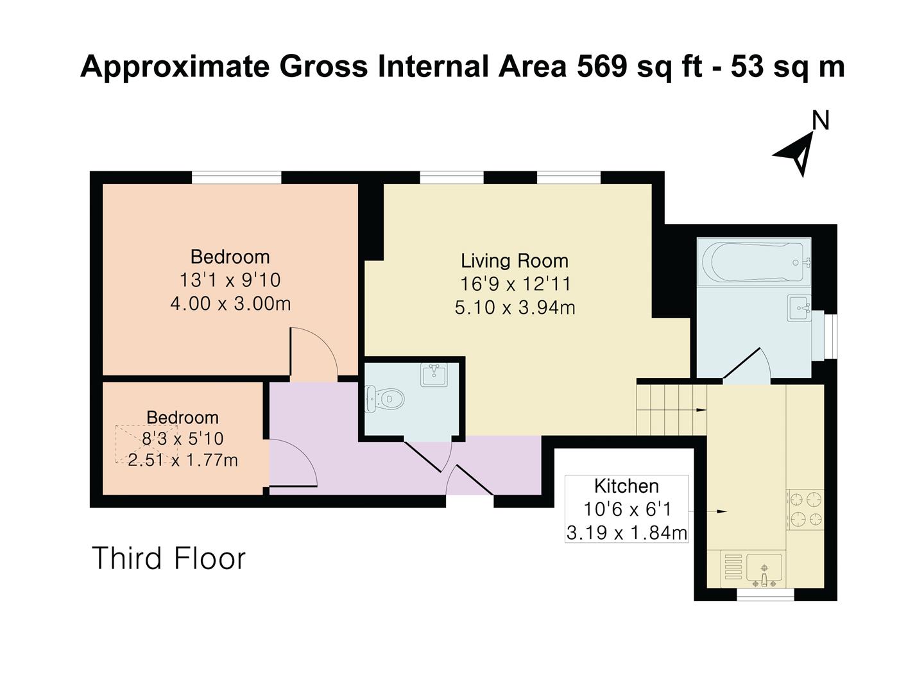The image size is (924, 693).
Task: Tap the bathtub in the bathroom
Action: tap(755, 262)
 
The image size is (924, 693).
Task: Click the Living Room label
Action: tap(514, 261)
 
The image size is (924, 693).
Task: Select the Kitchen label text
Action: tap(626, 486)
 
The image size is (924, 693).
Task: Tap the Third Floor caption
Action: tap(169, 558)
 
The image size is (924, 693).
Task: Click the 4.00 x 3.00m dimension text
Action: tap(230, 303)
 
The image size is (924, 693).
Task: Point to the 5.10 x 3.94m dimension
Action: tap(515, 307)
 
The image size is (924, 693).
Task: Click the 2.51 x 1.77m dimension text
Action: tap(183, 460)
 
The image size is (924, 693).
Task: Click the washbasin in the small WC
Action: tap(434, 375)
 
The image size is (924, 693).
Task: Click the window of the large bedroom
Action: tap(237, 177)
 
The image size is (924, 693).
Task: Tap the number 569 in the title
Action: tap(601, 67)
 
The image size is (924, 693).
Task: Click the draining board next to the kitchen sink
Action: tap(732, 568)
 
